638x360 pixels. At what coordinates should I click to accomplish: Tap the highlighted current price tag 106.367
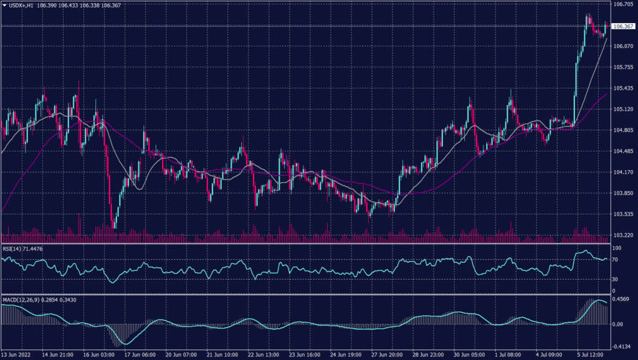click(623, 26)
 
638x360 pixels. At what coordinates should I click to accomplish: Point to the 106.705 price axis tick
click(623, 4)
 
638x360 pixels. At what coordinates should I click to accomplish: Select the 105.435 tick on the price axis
click(623, 88)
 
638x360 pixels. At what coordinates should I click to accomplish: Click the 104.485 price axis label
click(623, 151)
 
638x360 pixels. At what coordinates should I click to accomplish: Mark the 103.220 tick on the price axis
click(623, 235)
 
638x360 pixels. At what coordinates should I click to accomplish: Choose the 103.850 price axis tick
click(623, 193)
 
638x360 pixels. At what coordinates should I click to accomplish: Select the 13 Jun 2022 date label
click(16, 354)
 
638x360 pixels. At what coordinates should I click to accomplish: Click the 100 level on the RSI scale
click(617, 249)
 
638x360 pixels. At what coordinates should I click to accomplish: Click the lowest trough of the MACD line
click(125, 343)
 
